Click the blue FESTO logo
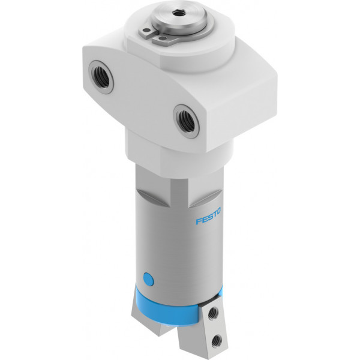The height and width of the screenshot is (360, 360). point(208,216)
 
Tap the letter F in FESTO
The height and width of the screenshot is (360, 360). point(199,221)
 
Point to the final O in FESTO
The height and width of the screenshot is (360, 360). point(218,211)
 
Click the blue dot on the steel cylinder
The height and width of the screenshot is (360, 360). point(148,279)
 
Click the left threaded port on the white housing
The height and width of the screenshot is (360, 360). point(101,77)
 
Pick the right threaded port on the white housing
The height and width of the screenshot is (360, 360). point(186,121)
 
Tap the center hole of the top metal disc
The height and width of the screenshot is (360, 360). point(177,13)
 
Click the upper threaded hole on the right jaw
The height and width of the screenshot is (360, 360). point(213,313)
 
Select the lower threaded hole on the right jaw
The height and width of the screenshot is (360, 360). point(217,341)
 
